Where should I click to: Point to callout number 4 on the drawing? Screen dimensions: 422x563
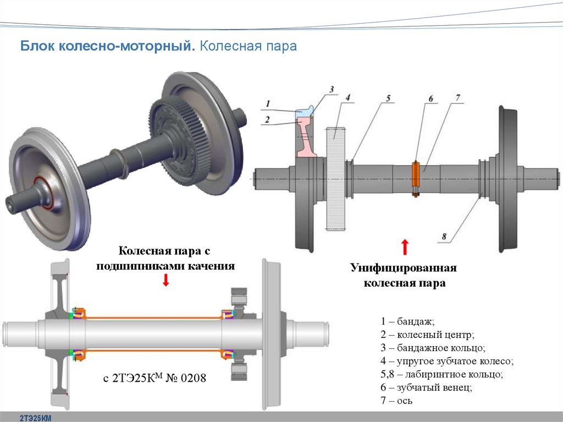click(x=348, y=97)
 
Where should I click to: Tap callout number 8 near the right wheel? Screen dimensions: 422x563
click(x=444, y=237)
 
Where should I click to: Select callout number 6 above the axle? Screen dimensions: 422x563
click(x=430, y=99)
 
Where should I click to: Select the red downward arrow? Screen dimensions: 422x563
click(x=166, y=281)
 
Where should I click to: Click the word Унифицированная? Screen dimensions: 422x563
click(x=404, y=268)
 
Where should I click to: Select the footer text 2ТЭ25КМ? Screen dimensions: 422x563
click(x=35, y=418)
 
